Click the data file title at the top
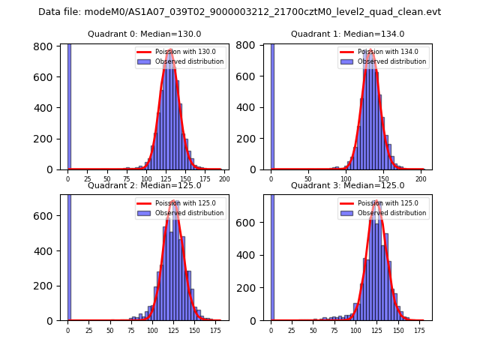tap(239, 12)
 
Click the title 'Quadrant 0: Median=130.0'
tap(144, 34)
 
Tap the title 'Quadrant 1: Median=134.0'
tap(347, 34)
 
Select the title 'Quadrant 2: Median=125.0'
tap(144, 185)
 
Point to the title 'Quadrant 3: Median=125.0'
tap(347, 185)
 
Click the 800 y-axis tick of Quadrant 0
tap(46, 46)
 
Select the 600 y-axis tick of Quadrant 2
tap(46, 216)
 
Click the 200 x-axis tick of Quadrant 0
tap(223, 179)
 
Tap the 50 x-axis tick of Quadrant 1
tap(307, 179)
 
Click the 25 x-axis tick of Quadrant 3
tap(292, 330)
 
